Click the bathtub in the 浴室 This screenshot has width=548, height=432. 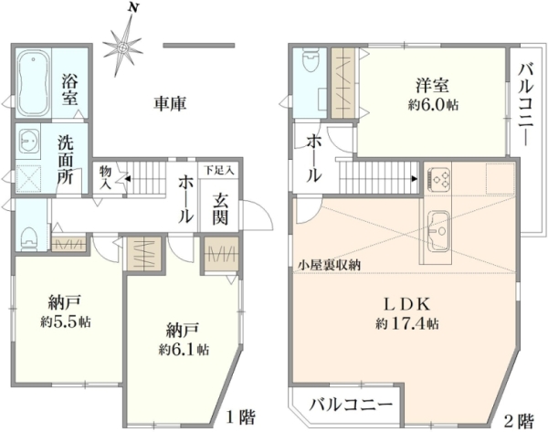pos(34,83)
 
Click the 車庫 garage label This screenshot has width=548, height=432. pos(170,103)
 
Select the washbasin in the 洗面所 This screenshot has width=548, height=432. pos(28,142)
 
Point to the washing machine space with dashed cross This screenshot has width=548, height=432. pos(28,179)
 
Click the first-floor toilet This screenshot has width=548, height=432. pos(29,239)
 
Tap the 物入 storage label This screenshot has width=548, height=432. pos(105,177)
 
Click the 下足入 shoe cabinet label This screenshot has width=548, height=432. pos(219,171)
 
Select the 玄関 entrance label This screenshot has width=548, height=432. pos(220,209)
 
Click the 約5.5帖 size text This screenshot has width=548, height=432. pos(66,321)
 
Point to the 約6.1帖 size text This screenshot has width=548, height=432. pos(184,349)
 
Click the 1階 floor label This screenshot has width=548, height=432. pos(241,416)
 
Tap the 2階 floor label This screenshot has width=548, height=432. pos(520,421)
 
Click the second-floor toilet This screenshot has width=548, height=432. pos(310,60)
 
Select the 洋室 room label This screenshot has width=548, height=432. pos(433,85)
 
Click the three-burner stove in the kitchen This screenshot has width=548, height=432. pos(437,179)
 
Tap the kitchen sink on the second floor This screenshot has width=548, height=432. pos(438,231)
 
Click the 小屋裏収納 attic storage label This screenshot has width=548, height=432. pos(329,265)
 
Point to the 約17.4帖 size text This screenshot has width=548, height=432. pos(407,324)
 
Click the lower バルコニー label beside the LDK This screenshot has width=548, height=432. pos(351,406)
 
